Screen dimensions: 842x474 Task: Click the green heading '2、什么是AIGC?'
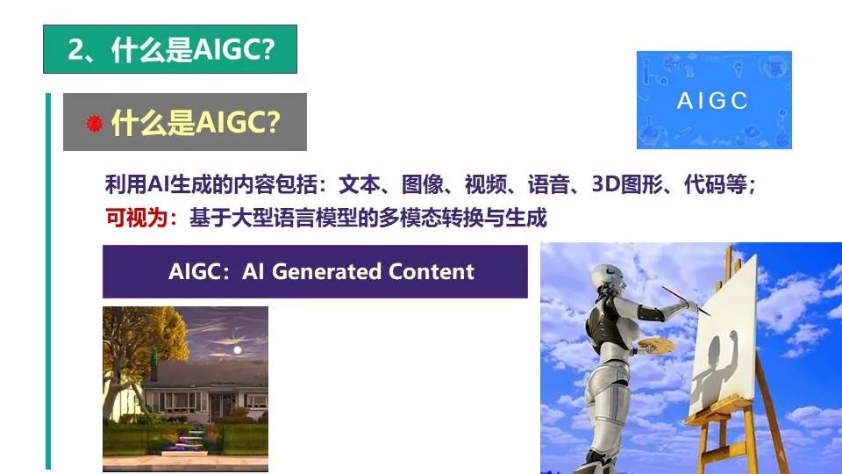(x=170, y=49)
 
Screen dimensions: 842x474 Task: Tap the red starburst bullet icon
(x=94, y=124)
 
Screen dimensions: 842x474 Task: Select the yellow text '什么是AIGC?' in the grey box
(x=196, y=123)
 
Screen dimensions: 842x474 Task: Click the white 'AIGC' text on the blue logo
(x=712, y=100)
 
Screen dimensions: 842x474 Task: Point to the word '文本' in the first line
(x=360, y=184)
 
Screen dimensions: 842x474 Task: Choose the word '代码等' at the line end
(x=716, y=184)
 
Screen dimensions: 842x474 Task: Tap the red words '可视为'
(x=137, y=218)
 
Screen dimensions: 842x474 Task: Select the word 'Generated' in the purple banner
(x=326, y=272)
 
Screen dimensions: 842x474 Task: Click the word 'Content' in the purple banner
(x=432, y=271)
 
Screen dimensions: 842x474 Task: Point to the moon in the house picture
(x=238, y=350)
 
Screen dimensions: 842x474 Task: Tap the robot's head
(x=609, y=276)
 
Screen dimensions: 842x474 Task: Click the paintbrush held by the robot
(x=685, y=301)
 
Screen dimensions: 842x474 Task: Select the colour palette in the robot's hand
(x=656, y=345)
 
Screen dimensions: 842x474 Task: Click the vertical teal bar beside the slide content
(x=48, y=281)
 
